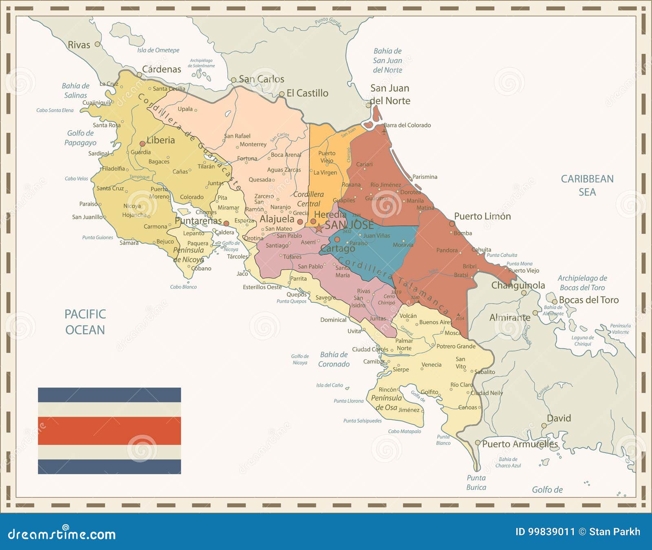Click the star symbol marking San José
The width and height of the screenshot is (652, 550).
(x=319, y=228)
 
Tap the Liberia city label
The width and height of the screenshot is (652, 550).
(x=161, y=140)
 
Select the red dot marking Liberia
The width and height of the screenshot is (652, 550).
(x=142, y=144)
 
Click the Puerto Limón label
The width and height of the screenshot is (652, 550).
(x=482, y=216)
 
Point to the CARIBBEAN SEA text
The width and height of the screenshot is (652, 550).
(x=587, y=185)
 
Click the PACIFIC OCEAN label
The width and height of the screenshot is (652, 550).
(x=85, y=322)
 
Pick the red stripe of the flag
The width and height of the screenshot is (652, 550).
(x=109, y=431)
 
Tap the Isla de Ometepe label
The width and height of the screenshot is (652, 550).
(x=158, y=50)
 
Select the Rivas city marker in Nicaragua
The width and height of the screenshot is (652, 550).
(x=97, y=44)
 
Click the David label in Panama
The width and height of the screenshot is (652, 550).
(x=559, y=418)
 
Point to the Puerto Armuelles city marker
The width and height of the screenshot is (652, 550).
(x=478, y=443)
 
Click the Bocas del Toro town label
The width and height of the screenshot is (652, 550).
(x=588, y=300)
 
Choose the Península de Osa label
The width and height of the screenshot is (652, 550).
(x=386, y=403)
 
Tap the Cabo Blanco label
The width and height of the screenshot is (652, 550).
(x=183, y=287)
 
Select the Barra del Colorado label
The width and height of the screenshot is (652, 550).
(x=407, y=125)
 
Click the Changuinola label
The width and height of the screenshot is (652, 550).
(x=518, y=285)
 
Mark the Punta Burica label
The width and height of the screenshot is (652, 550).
(x=476, y=482)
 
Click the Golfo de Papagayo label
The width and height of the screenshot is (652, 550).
(x=80, y=138)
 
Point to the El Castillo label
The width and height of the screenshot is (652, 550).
(x=307, y=93)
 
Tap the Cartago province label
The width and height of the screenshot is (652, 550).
(x=337, y=249)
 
